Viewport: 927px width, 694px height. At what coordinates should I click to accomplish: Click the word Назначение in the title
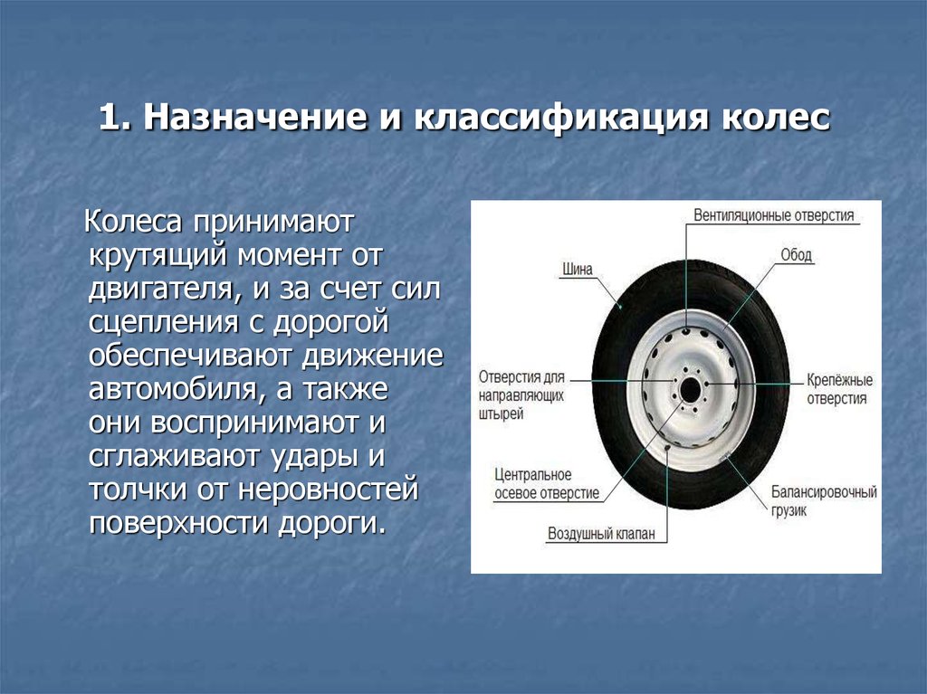(254, 117)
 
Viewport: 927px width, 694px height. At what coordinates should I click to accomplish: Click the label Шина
(577, 269)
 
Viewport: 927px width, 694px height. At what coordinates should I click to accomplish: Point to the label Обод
(797, 255)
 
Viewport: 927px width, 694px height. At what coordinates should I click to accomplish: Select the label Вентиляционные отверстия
(774, 215)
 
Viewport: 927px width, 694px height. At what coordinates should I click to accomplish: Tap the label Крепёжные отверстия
(839, 389)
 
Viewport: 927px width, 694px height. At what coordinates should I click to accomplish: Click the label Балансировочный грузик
(824, 501)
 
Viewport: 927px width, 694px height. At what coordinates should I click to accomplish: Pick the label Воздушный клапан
(601, 534)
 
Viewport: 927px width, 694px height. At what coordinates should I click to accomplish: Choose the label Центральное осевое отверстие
(546, 484)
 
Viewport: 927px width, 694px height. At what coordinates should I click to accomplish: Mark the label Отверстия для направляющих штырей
(521, 395)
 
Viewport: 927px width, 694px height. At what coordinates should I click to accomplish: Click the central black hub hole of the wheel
(689, 390)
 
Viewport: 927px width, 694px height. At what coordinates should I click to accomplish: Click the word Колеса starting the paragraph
(133, 222)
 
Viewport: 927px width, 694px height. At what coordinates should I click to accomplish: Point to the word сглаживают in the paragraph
(175, 456)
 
